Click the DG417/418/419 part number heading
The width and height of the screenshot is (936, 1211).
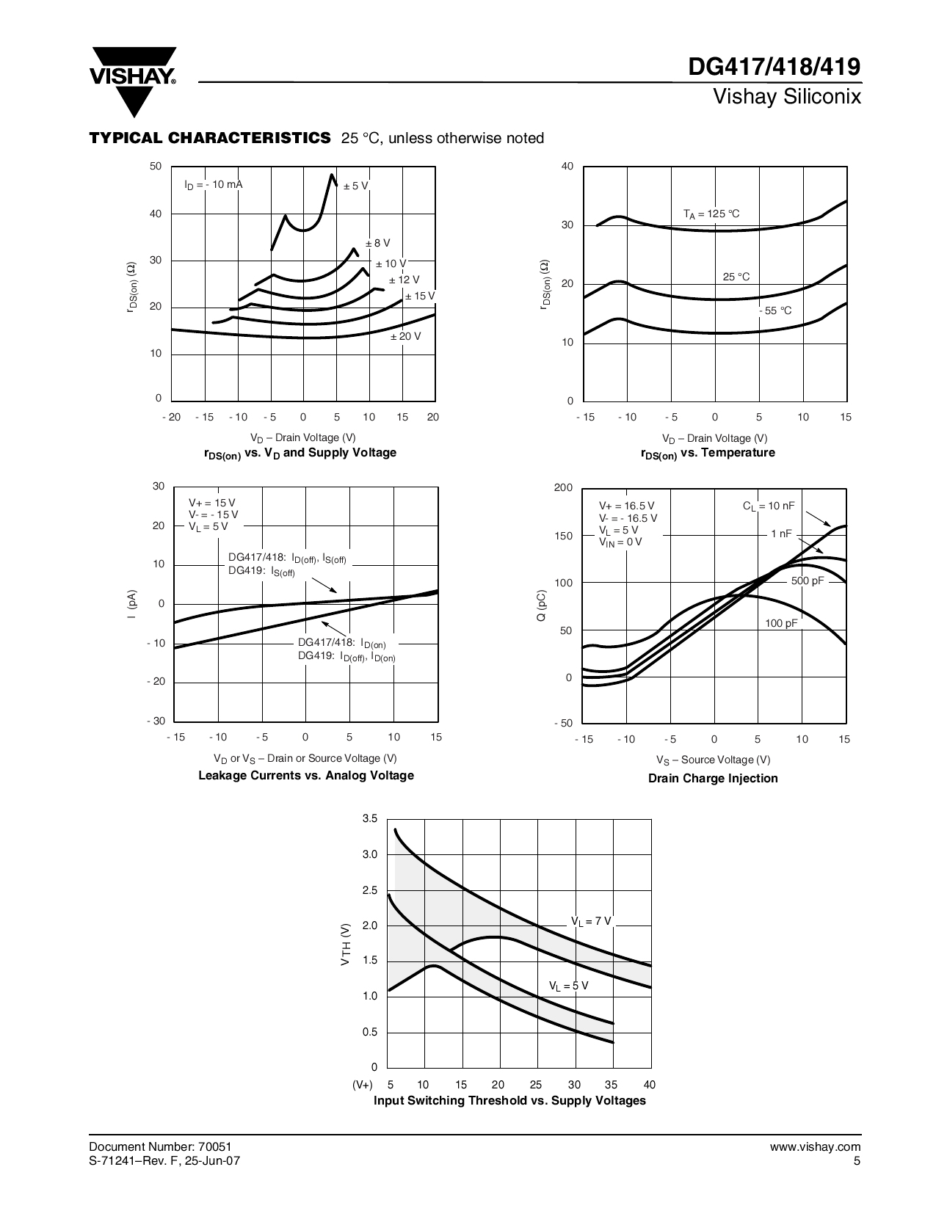click(774, 68)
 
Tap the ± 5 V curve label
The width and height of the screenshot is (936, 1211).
click(356, 186)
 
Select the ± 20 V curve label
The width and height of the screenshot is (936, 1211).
click(405, 336)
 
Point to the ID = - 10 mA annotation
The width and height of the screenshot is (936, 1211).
click(213, 185)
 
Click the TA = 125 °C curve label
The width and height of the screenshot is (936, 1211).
click(711, 214)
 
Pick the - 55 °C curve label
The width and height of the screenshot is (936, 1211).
click(775, 310)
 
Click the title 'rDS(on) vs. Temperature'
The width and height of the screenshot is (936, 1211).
click(708, 453)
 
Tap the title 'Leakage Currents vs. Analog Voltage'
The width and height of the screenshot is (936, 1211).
click(306, 775)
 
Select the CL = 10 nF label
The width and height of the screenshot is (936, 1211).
click(768, 506)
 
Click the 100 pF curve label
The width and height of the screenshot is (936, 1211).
click(781, 623)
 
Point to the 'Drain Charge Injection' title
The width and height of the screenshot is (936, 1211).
click(713, 778)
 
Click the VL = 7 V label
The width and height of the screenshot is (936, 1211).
click(591, 921)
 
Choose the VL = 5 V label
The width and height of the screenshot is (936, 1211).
click(568, 986)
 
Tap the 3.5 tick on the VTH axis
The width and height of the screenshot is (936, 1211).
click(370, 818)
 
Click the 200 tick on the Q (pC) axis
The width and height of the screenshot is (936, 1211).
click(563, 488)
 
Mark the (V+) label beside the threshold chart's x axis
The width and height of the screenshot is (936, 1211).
click(363, 1085)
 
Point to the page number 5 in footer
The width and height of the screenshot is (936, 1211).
click(857, 1160)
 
